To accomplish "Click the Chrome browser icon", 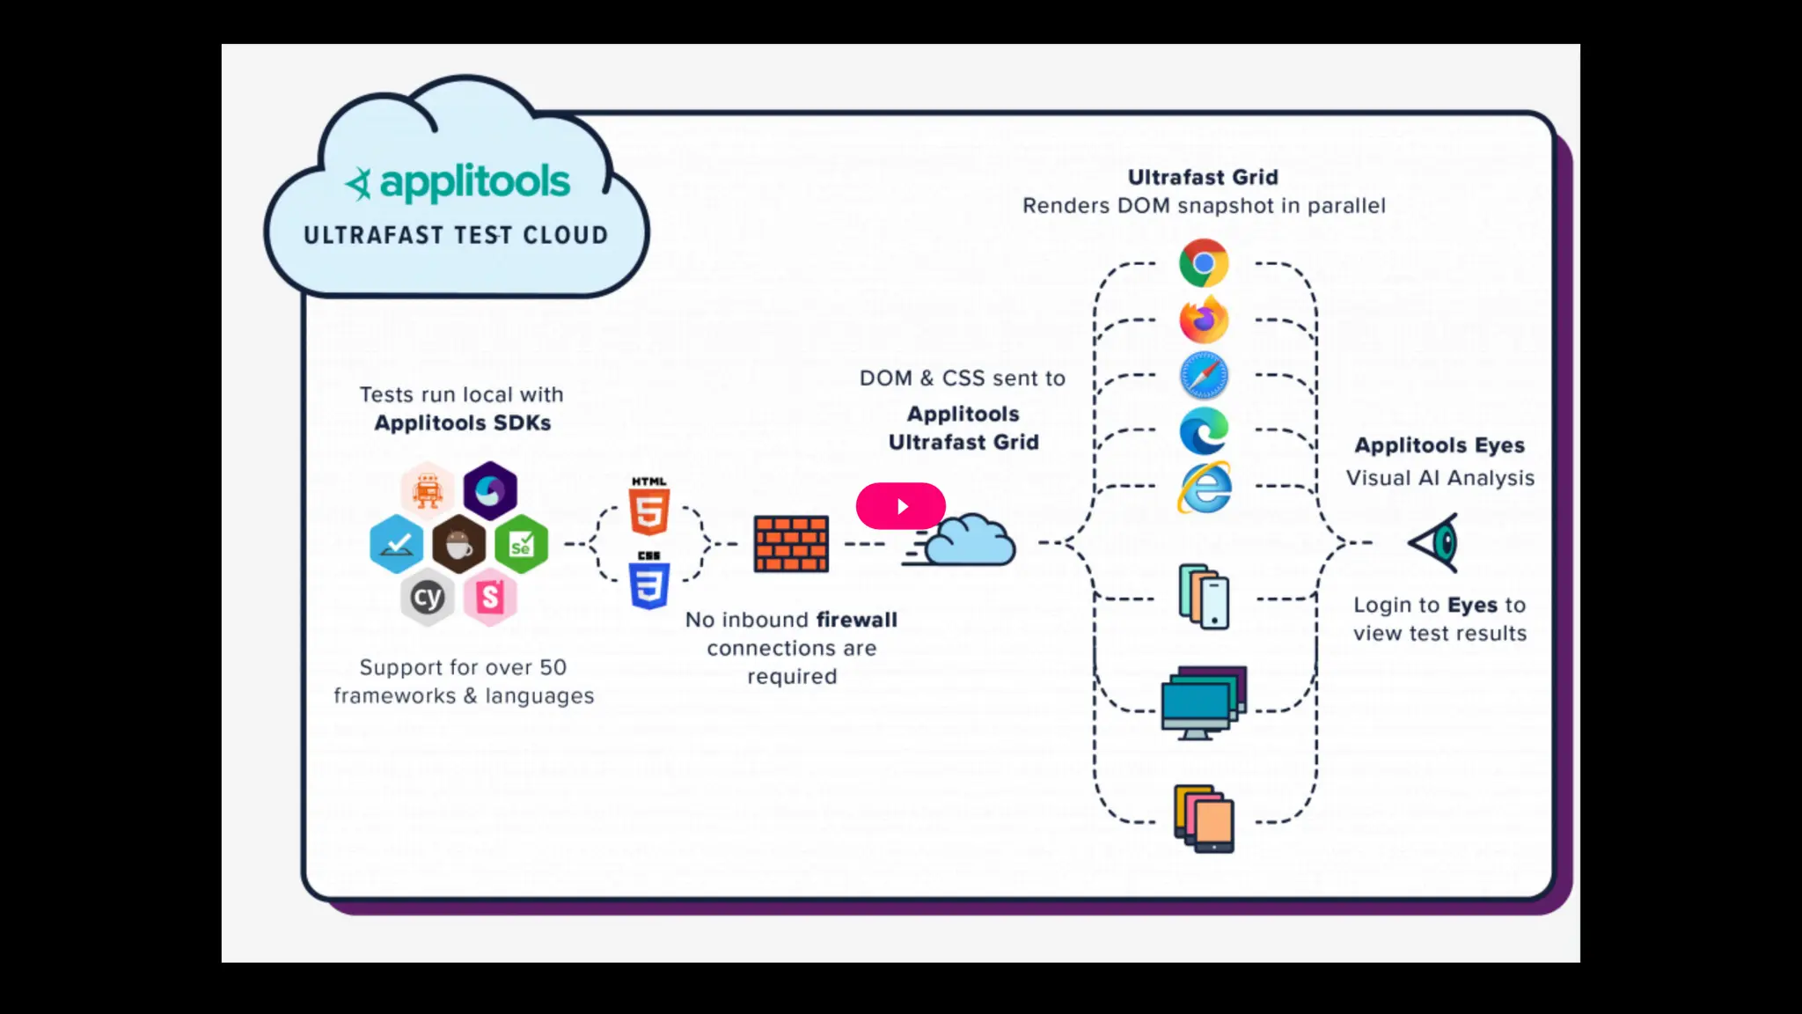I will (x=1204, y=263).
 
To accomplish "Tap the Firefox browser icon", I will (x=1204, y=320).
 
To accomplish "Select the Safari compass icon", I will (x=1204, y=376).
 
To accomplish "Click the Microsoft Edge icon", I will (x=1204, y=430).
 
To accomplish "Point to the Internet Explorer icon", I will (x=1205, y=487).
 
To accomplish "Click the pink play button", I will (x=900, y=506).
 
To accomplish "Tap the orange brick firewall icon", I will (x=791, y=544).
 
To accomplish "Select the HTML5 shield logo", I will (x=649, y=508).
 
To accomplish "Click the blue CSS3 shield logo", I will (x=649, y=582).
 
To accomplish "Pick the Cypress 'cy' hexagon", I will (x=428, y=598).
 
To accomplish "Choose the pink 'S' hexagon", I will (x=490, y=598).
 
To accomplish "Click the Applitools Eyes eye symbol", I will (x=1435, y=542).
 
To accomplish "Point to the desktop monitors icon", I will (x=1202, y=703).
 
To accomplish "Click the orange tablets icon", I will (x=1204, y=819).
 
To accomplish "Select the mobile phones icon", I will (x=1204, y=598).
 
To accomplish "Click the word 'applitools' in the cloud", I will (x=474, y=183).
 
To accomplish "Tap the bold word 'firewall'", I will (x=856, y=620).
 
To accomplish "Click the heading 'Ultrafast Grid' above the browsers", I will (x=1203, y=177).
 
